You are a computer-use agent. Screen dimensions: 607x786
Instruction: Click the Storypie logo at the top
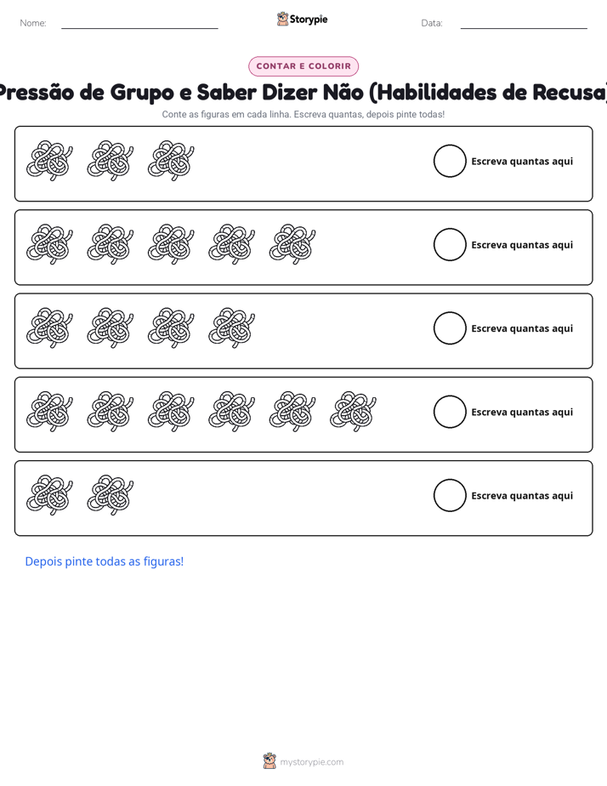tap(302, 19)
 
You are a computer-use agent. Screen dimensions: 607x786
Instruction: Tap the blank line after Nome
tap(139, 28)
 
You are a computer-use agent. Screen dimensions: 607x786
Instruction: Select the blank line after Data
tap(524, 28)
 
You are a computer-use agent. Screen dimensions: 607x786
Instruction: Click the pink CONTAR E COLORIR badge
tap(303, 66)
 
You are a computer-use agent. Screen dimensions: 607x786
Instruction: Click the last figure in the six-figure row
tap(353, 412)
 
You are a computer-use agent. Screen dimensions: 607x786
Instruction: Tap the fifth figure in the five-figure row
tap(292, 244)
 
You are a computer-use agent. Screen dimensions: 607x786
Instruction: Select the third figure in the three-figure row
tap(171, 161)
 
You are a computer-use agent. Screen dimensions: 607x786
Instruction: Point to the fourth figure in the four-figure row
tap(232, 327)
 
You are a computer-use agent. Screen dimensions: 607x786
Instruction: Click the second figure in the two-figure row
tap(111, 495)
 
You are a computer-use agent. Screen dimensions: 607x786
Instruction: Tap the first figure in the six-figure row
tap(49, 412)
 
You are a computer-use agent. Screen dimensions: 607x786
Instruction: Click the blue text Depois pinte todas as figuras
tap(105, 561)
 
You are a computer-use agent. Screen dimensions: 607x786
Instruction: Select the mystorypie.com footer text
tap(311, 762)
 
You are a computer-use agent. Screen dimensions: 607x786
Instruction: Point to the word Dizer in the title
tap(292, 92)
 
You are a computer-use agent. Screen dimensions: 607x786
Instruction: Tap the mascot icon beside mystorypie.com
tap(269, 761)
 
